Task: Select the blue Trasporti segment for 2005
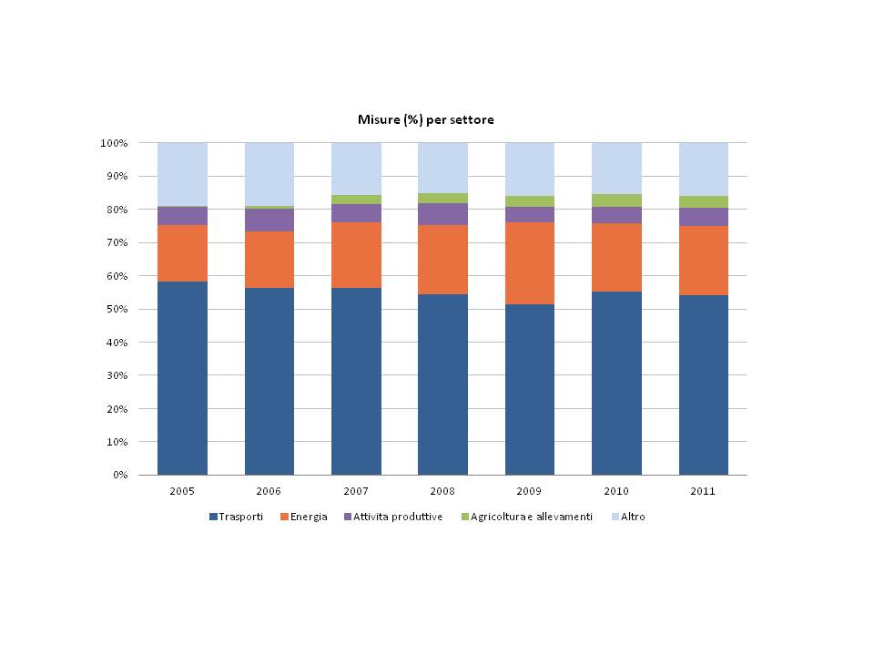[182, 378]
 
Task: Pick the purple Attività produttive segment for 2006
[269, 220]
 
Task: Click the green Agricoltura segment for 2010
[616, 200]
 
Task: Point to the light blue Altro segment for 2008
[442, 168]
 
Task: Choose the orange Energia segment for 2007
[356, 255]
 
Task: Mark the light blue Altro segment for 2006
[269, 174]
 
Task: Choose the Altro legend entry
[629, 517]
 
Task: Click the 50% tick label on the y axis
[117, 310]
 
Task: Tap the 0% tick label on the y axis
[119, 476]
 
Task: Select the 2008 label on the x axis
[442, 491]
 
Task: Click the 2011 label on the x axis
[704, 491]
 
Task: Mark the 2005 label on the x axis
[182, 491]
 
